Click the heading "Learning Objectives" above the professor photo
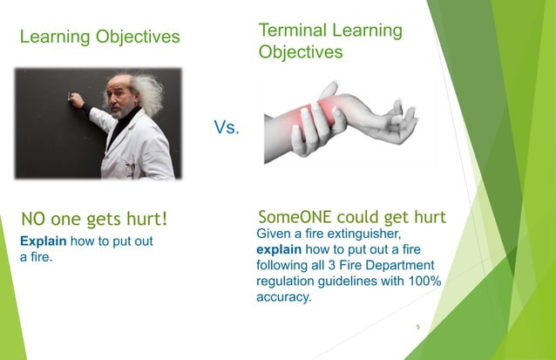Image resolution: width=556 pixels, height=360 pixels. pyautogui.click(x=99, y=37)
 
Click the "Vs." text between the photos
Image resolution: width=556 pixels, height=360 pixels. pyautogui.click(x=228, y=128)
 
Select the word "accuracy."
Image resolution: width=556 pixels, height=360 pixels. pyautogui.click(x=284, y=297)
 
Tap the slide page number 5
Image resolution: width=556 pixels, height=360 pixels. pyautogui.click(x=417, y=328)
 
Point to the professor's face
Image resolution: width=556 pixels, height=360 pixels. pyautogui.click(x=122, y=98)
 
